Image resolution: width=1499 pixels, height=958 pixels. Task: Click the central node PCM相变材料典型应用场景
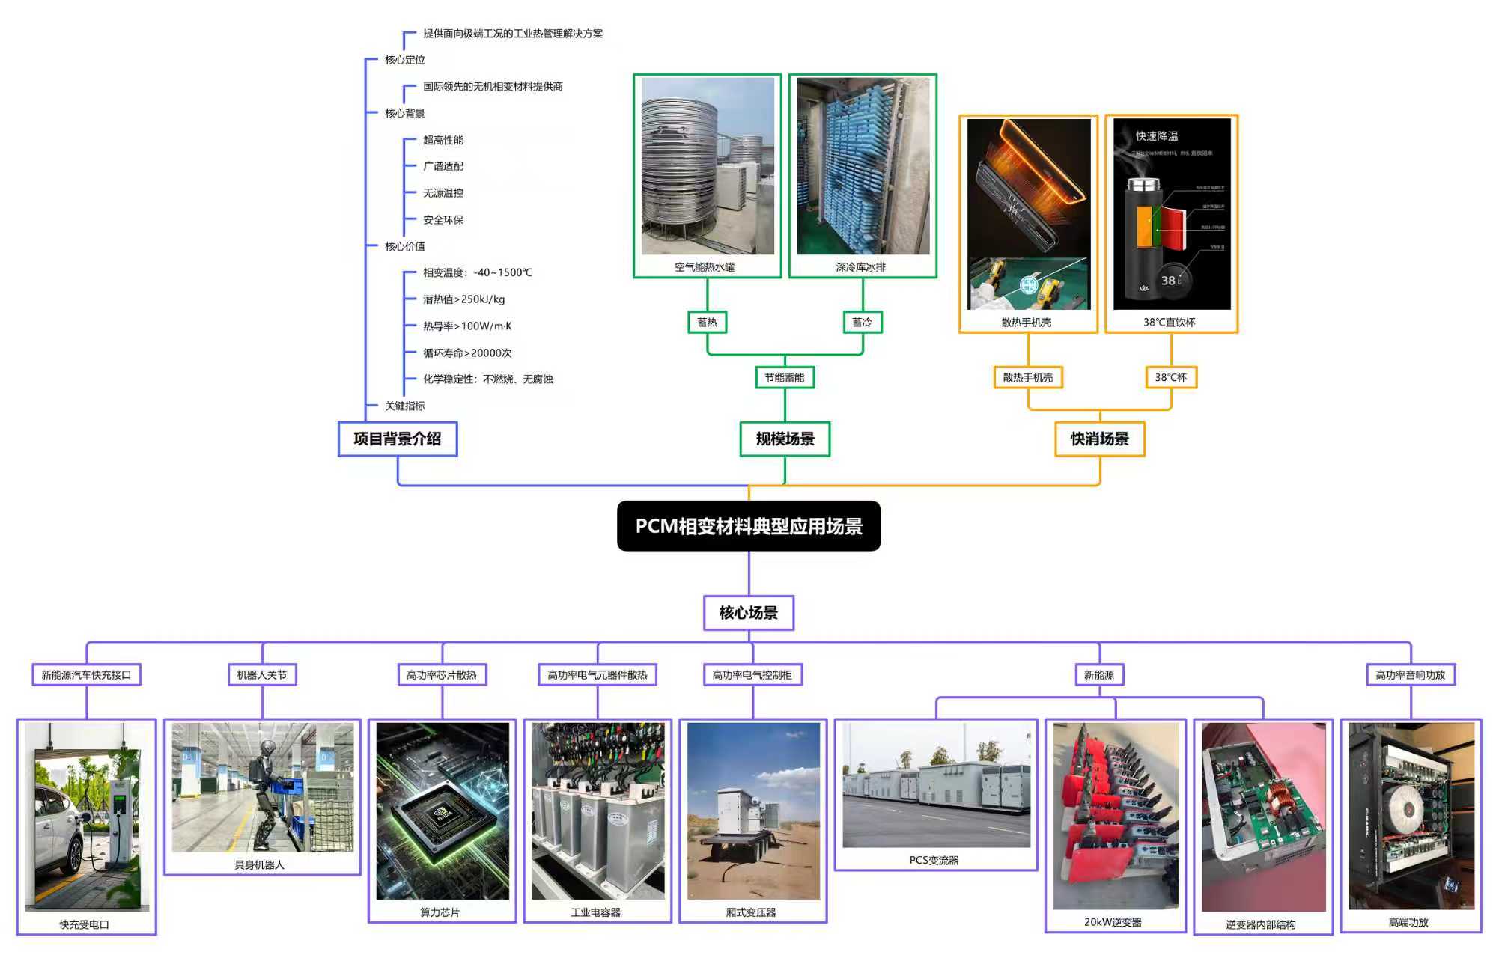[x=748, y=526]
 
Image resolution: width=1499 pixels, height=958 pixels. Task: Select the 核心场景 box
[x=748, y=613]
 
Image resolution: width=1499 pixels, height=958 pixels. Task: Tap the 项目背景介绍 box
[x=397, y=439]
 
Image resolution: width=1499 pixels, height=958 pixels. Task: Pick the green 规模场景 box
[x=785, y=439]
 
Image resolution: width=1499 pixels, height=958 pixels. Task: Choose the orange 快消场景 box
[x=1099, y=439]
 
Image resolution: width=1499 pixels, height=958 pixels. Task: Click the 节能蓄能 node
[x=785, y=377]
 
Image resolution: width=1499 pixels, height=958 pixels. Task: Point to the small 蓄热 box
[x=707, y=322]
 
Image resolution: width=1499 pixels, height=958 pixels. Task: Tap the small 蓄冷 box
[x=863, y=322]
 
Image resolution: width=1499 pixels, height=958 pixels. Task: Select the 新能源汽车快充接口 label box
[x=86, y=675]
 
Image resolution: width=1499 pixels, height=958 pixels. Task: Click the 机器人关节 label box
[x=262, y=675]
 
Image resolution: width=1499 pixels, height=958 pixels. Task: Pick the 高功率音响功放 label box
[x=1410, y=675]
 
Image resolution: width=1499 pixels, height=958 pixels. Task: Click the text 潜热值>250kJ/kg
[x=464, y=299]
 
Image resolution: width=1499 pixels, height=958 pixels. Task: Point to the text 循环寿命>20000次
[x=467, y=353]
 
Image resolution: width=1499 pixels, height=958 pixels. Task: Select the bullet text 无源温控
[x=443, y=193]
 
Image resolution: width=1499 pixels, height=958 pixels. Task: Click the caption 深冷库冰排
[x=861, y=267]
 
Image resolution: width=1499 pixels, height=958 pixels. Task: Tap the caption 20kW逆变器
[x=1113, y=922]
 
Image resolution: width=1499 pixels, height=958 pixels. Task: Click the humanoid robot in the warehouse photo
[x=265, y=793]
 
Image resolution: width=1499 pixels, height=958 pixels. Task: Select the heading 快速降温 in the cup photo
[x=1157, y=136]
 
